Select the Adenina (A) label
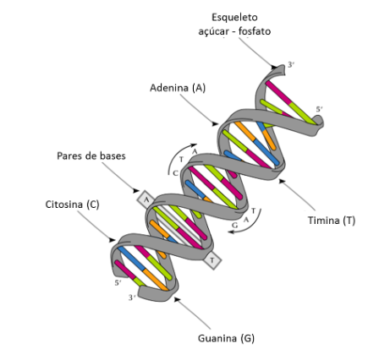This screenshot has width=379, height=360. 178,87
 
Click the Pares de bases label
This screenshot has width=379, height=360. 91,156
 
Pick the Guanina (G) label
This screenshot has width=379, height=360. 226,337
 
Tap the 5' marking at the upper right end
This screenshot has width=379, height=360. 319,108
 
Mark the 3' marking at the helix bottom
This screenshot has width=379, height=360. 130,297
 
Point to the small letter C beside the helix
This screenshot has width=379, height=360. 175,172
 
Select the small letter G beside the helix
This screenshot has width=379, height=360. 237,226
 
